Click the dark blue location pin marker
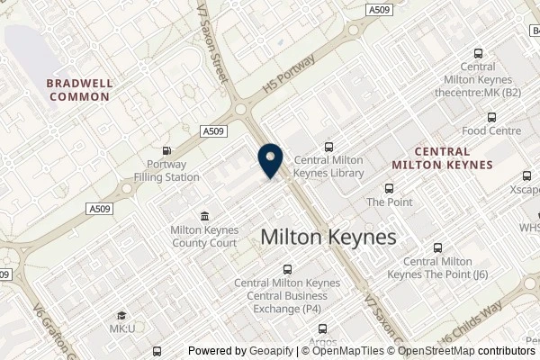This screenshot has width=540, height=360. click(x=269, y=161)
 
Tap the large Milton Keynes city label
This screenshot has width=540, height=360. click(x=328, y=237)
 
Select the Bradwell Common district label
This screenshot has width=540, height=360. click(x=81, y=89)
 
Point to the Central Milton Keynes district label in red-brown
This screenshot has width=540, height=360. click(x=442, y=158)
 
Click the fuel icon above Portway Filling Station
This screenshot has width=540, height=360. click(x=166, y=151)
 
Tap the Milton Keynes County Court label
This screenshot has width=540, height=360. click(x=204, y=236)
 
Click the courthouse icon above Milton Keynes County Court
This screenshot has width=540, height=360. click(x=204, y=216)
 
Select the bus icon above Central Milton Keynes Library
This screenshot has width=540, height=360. click(x=328, y=146)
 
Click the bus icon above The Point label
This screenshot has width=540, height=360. click(x=389, y=189)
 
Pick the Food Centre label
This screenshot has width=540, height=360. click(x=491, y=130)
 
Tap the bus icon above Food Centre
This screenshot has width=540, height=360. click(x=491, y=117)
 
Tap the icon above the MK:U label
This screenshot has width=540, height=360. click(x=123, y=315)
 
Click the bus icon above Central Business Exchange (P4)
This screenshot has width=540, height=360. click(x=287, y=269)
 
